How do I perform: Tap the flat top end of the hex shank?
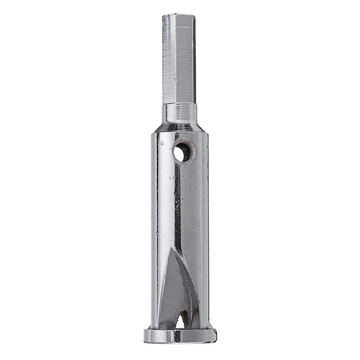click(x=178, y=15)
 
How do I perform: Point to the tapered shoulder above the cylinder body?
click(x=180, y=127)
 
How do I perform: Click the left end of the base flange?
click(x=146, y=335)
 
